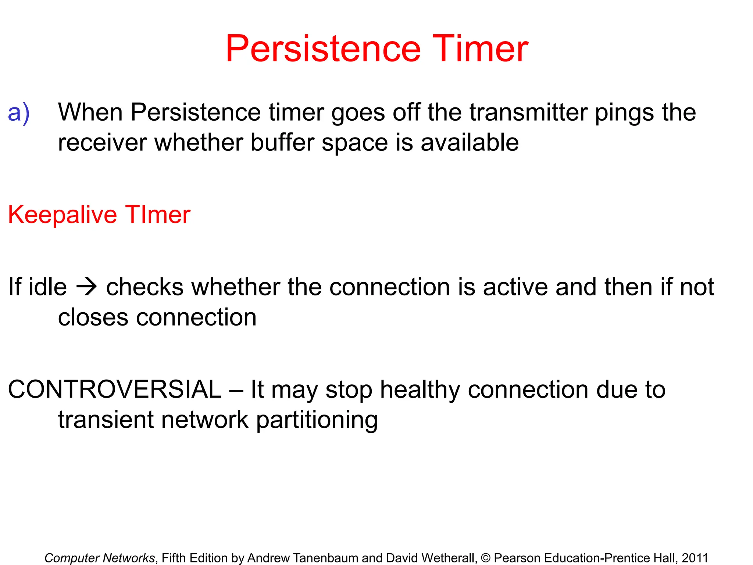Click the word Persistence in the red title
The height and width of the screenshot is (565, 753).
coord(323,49)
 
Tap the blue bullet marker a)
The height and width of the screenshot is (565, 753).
coord(18,113)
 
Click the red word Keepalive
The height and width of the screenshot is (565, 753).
coord(63,215)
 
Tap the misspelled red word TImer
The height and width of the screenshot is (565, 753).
coord(158,214)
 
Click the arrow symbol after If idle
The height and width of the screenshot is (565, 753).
coord(86,287)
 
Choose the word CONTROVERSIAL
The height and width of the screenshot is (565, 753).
coord(114,390)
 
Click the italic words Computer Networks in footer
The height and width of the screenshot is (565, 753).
coord(100,558)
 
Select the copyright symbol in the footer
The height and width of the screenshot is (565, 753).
coord(485,558)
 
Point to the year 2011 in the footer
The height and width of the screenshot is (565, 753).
coord(695,558)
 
